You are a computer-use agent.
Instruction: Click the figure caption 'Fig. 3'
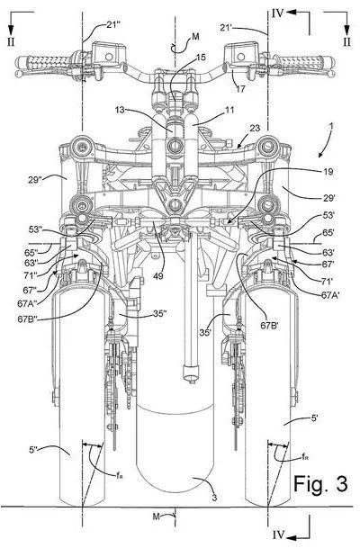click(320, 484)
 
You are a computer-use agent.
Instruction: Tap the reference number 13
click(120, 110)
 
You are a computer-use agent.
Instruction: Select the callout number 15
click(201, 57)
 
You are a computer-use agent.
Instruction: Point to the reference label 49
click(158, 275)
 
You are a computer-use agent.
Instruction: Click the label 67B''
click(30, 320)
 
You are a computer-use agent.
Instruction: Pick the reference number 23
click(255, 128)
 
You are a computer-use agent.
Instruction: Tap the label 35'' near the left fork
click(159, 313)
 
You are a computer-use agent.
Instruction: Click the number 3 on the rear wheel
click(214, 498)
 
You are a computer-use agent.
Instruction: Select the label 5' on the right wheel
click(315, 418)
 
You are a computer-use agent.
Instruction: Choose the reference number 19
click(328, 172)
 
